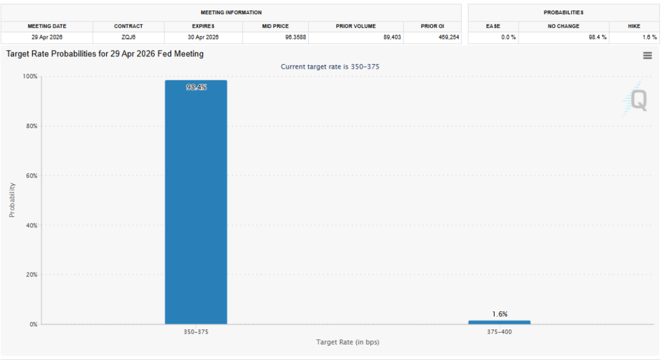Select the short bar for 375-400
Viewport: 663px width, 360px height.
coord(499,322)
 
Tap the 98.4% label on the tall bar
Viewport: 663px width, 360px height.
coord(196,87)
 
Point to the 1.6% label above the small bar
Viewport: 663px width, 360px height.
coord(499,314)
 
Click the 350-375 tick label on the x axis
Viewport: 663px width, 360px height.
coord(196,332)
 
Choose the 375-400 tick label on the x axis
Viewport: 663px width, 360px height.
coord(499,332)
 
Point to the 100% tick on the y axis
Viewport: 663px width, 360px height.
coord(30,76)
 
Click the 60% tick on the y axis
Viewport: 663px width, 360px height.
coord(31,175)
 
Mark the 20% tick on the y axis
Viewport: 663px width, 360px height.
coord(31,275)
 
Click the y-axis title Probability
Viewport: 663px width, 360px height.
coord(12,200)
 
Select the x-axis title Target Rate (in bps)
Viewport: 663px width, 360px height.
coord(347,341)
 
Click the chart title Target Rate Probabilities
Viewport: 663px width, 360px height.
coord(105,54)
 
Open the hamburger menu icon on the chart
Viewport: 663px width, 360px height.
coord(647,56)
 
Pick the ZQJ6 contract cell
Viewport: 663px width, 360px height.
coord(128,37)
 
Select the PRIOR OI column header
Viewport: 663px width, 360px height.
coord(432,26)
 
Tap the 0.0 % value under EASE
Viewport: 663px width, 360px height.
coord(509,37)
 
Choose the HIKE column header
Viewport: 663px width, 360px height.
coord(634,26)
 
